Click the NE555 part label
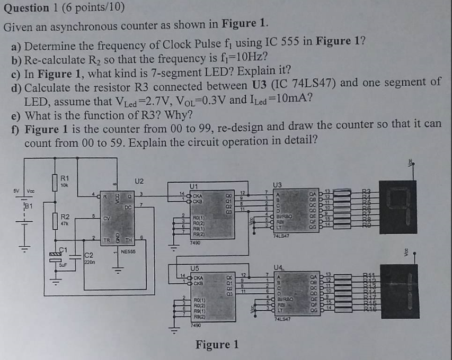pyautogui.click(x=129, y=252)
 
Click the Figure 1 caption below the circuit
pyautogui.click(x=217, y=345)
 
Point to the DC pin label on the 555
pyautogui.click(x=128, y=208)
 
